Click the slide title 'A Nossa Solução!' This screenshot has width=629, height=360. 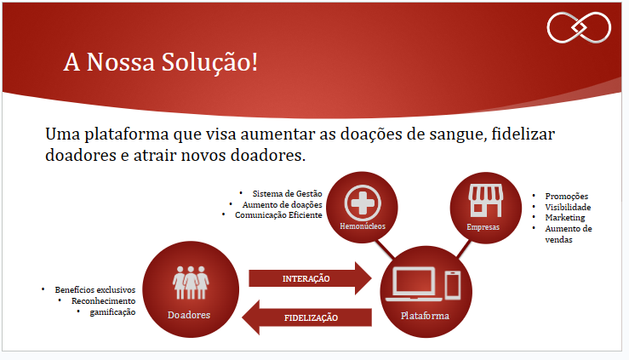[x=160, y=62]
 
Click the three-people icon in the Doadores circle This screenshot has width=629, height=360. [x=191, y=280]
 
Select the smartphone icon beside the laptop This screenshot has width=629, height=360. [x=453, y=285]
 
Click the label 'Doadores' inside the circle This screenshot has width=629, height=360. [x=190, y=315]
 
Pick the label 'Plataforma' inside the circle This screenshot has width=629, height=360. [x=424, y=316]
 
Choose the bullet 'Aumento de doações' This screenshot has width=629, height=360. [x=282, y=204]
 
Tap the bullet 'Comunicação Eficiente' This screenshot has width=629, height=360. [x=278, y=215]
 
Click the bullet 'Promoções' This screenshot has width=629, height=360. [x=566, y=197]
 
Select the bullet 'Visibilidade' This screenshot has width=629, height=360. [x=568, y=207]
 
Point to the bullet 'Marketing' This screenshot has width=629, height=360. [x=564, y=218]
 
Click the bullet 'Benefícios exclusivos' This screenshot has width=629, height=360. [x=94, y=290]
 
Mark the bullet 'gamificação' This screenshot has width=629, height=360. [x=112, y=312]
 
